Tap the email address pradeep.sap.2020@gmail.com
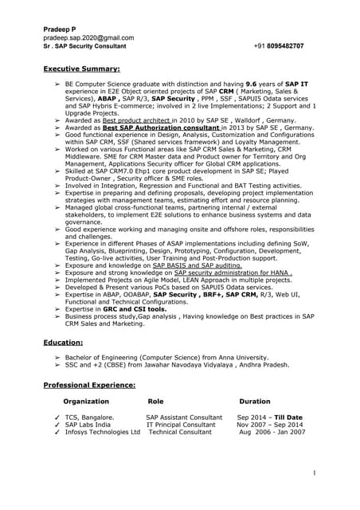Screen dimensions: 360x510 click(x=88, y=37)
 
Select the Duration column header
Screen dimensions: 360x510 click(x=254, y=402)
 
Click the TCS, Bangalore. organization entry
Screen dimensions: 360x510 click(x=89, y=417)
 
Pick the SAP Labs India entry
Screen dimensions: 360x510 click(x=88, y=425)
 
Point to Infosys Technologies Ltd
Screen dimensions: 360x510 click(x=102, y=433)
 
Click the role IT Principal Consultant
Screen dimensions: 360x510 click(x=180, y=425)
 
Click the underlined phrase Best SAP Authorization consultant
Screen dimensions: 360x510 click(x=170, y=127)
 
